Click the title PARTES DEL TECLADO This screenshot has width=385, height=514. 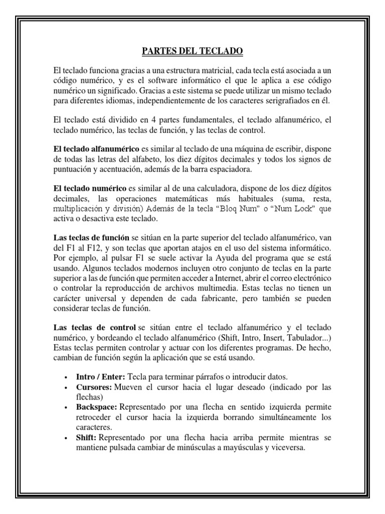(192, 51)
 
